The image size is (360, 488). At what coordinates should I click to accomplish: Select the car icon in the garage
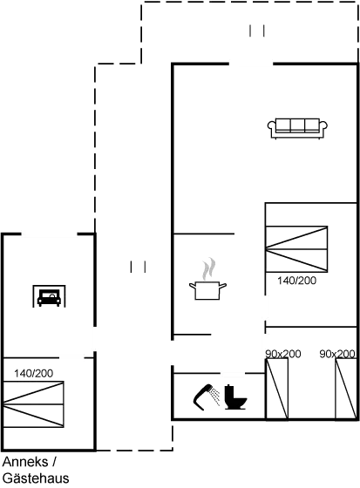tap(50, 297)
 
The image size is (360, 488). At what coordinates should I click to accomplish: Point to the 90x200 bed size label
tap(282, 353)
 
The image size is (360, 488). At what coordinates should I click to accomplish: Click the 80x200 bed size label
tap(337, 353)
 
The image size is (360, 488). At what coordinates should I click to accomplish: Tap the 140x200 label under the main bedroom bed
tap(296, 281)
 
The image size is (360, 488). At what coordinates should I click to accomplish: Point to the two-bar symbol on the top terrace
tap(255, 31)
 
